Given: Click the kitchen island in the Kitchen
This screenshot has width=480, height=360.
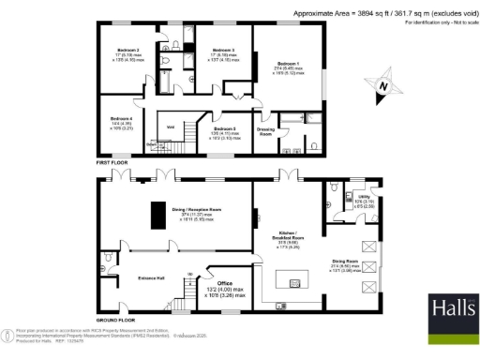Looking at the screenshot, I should (x=299, y=281).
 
